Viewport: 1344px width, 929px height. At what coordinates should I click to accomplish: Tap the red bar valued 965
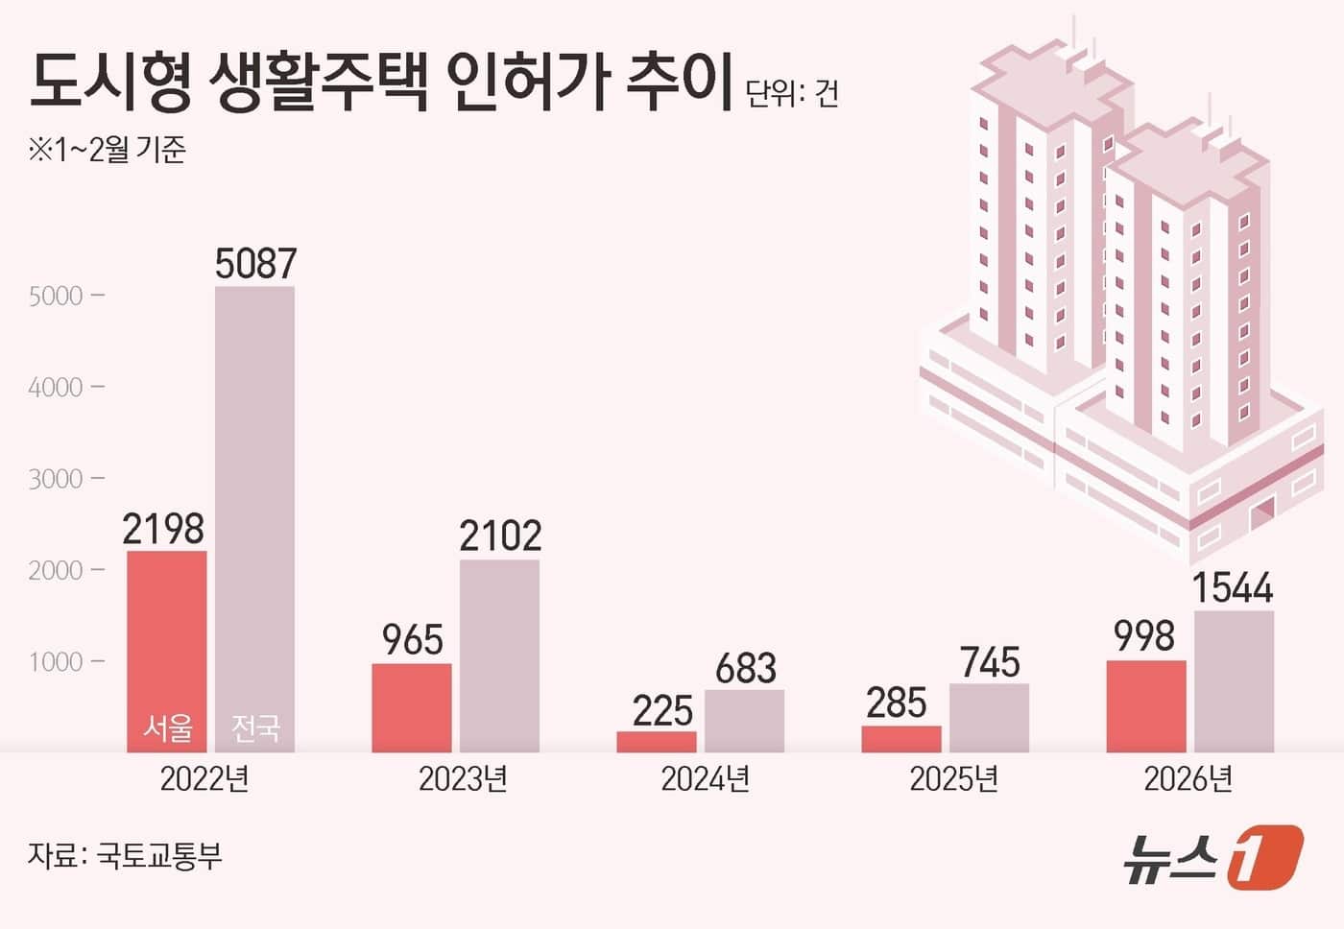coord(411,707)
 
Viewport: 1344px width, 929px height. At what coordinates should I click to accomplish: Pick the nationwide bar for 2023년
coord(499,655)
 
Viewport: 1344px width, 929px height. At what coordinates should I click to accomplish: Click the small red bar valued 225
coord(657,741)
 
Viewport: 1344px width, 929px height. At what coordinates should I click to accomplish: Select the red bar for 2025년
coord(901,738)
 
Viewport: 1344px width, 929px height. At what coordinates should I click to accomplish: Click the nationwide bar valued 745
coord(989,717)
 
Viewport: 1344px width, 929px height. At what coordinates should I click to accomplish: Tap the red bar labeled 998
coord(1146,705)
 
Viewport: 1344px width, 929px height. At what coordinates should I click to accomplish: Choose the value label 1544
coord(1233,587)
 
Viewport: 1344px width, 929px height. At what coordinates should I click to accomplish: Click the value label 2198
coord(163,529)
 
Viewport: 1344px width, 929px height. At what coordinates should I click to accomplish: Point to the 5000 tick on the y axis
coord(57,296)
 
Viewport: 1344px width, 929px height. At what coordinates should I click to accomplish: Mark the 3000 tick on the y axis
coord(57,479)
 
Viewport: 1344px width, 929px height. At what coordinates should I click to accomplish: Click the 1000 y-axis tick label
coord(57,662)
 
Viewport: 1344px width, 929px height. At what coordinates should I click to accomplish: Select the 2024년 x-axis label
coord(705,778)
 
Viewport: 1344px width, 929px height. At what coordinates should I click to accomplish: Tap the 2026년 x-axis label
coord(1188,778)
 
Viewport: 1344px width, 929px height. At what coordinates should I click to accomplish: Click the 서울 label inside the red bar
coord(167,727)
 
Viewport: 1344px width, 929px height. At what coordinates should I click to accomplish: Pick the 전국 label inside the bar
coord(254,727)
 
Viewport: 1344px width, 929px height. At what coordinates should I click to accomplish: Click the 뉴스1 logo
coord(1213,855)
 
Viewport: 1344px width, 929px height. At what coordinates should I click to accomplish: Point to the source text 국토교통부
coord(159,854)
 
